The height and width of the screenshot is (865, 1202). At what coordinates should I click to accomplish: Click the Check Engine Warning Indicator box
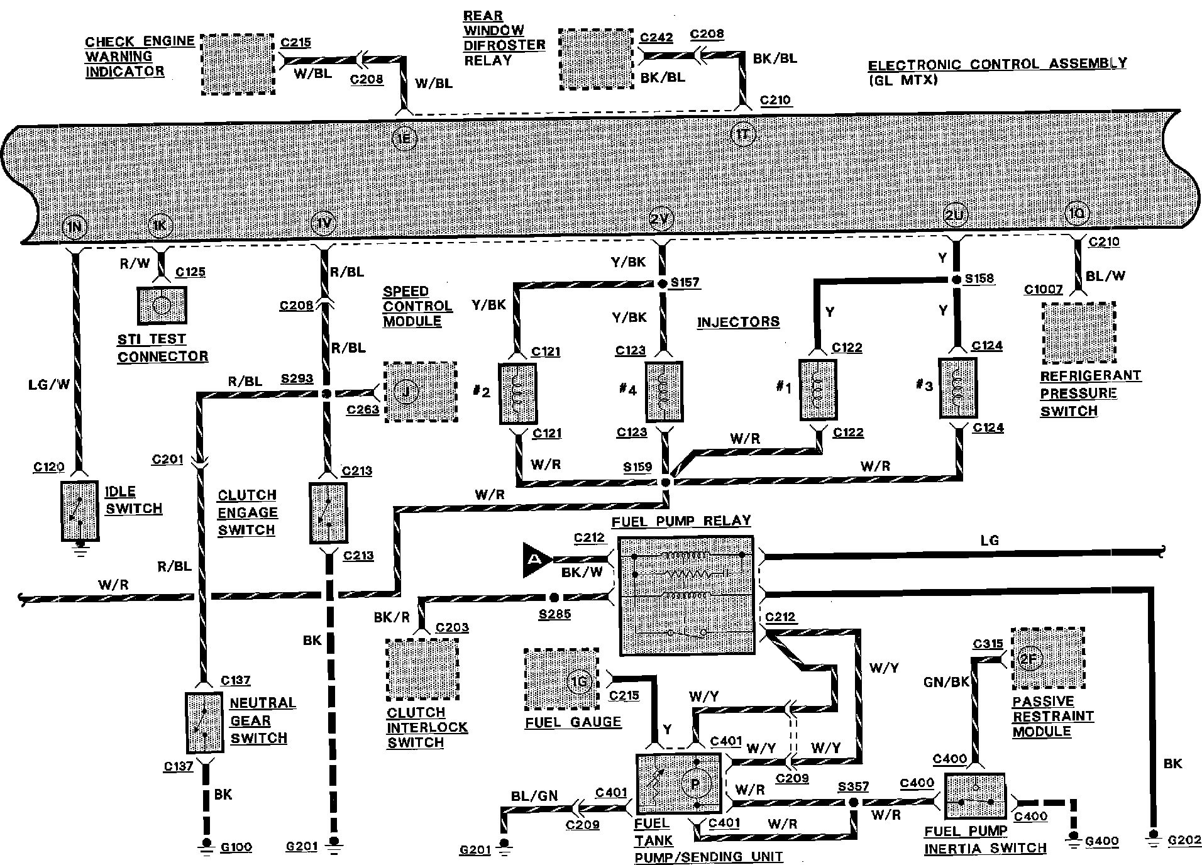click(238, 65)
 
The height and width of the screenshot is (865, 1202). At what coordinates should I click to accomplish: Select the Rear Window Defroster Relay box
click(596, 60)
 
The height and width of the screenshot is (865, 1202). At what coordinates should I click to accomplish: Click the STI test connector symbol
click(162, 306)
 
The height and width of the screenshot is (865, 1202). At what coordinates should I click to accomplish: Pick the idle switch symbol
click(80, 511)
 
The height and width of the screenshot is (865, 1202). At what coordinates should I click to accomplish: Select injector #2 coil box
click(517, 392)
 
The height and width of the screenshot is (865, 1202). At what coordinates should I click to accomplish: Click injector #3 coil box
click(957, 388)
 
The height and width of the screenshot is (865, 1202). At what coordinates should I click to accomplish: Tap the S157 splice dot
click(662, 284)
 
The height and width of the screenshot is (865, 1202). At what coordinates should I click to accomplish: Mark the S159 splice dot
click(666, 482)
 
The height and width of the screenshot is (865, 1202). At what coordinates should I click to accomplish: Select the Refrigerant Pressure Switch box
click(1078, 333)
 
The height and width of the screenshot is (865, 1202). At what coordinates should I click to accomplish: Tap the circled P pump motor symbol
click(695, 784)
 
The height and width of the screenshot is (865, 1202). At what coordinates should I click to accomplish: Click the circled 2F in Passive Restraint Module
click(1028, 659)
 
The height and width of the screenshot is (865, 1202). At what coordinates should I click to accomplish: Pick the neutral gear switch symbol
click(203, 723)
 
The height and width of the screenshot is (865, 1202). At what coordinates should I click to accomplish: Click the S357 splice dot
click(853, 803)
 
